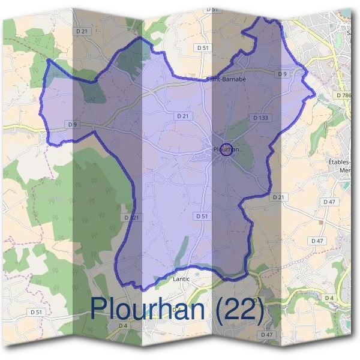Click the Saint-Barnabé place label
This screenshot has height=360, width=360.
point(226,79)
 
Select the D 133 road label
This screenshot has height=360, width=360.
point(260,118)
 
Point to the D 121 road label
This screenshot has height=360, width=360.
point(131,217)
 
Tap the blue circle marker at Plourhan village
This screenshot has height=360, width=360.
point(226,151)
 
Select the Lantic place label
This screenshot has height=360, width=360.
point(181,279)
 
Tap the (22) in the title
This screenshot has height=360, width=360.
point(235,308)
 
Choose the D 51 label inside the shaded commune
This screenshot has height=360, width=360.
point(202,215)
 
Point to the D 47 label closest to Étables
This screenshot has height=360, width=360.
point(330,202)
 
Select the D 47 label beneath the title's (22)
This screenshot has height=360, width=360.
point(267,334)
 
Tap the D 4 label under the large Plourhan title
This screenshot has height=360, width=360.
point(123,325)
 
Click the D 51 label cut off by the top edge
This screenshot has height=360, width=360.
point(211,10)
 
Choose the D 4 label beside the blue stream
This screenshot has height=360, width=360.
point(328,298)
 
